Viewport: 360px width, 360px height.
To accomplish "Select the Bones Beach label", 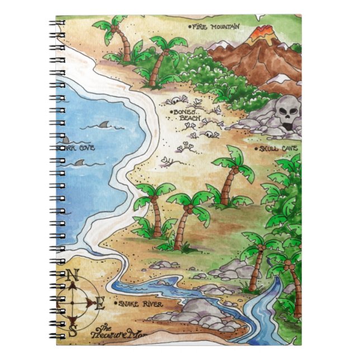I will pyautogui.click(x=184, y=115).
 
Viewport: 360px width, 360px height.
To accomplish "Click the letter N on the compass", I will pyautogui.click(x=72, y=275).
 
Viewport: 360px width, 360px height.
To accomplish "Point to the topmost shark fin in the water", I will pyautogui.click(x=105, y=125).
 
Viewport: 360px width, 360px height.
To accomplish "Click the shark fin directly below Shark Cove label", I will pyautogui.click(x=80, y=163).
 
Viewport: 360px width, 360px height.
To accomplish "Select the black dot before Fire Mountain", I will pyautogui.click(x=190, y=26).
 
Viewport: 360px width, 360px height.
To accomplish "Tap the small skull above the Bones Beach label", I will pyautogui.click(x=175, y=100).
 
